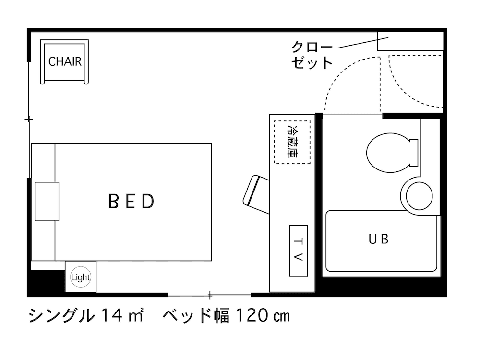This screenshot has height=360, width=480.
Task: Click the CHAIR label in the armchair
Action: click(65, 62)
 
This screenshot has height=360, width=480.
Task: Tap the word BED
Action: click(132, 201)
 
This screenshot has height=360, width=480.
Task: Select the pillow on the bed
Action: click(47, 201)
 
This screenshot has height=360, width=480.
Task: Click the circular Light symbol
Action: click(80, 277)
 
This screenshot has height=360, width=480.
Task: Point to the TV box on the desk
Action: click(298, 250)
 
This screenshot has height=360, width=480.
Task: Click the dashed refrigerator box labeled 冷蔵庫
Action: click(292, 142)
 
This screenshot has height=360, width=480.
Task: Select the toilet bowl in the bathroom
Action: click(390, 153)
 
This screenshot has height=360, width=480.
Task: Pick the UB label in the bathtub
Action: click(378, 239)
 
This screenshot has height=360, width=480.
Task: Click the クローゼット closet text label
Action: click(312, 55)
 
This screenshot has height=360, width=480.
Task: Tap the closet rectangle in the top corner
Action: click(409, 41)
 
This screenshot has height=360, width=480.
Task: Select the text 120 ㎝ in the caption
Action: click(262, 316)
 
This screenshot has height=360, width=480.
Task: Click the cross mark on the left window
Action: click(29, 119)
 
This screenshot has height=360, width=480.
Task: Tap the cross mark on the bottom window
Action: click(209, 294)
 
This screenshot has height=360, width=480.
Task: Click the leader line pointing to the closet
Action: click(358, 43)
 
